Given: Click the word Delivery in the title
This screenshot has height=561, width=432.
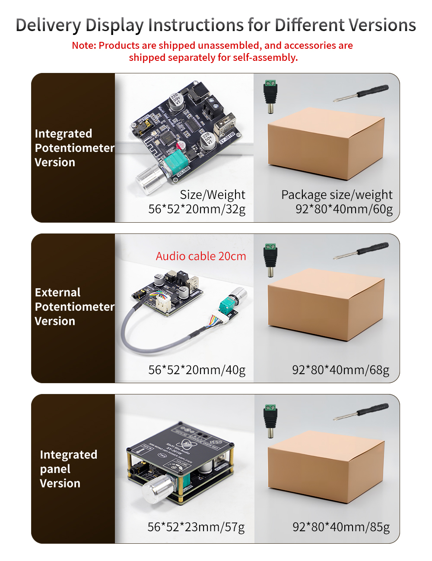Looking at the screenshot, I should pos(48,25).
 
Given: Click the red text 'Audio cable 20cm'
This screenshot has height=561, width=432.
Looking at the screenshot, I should pos(201,256).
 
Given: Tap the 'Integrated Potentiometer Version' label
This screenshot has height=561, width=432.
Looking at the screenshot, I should pos(73,148).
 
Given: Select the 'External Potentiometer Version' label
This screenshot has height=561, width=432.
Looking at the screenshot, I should pos(73,307).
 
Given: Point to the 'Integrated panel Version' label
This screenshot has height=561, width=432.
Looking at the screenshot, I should pos(68,469).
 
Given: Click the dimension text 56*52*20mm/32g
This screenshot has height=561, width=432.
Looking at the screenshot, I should pos(197,209).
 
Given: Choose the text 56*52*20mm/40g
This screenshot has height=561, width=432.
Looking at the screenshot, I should pos(197,370).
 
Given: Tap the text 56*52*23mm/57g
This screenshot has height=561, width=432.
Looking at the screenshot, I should pos(196,527).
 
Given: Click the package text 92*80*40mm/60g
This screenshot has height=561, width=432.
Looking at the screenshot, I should pos(344,209).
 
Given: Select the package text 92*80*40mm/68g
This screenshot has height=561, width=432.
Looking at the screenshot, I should pos(341,370).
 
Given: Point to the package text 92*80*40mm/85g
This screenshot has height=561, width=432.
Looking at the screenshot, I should pos(341,527).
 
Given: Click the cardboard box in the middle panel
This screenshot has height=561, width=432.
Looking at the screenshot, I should pos(326,304).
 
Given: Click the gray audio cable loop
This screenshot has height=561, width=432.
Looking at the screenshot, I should pos(130,337).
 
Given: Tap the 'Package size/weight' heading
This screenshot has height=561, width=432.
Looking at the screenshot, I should pos(337,195).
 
